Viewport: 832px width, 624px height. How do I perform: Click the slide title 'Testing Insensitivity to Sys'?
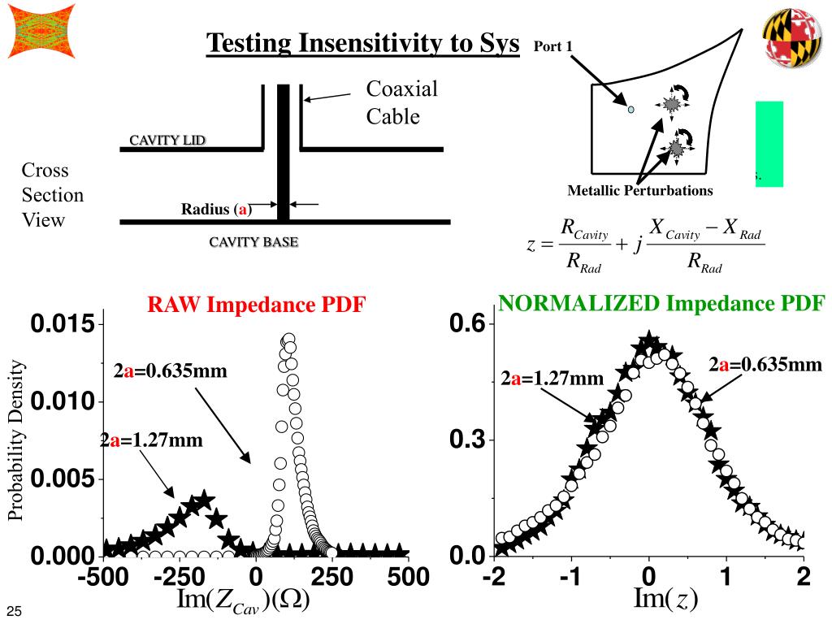362,43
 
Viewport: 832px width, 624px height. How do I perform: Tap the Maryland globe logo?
791,41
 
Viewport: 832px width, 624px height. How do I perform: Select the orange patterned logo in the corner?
41,31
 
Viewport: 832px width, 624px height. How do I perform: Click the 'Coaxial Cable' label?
401,102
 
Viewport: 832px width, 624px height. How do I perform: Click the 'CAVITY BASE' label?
253,242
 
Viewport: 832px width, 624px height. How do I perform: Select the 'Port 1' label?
553,45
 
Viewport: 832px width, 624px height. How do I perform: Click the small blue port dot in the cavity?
630,108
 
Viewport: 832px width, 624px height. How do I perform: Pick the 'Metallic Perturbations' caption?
640,191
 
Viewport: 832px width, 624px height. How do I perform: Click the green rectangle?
769,143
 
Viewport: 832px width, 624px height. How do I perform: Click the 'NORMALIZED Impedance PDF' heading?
661,303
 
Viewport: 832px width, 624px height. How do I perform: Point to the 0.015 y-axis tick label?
63,326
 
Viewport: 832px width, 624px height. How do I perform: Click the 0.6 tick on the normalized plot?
467,324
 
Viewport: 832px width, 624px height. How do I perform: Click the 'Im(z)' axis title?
665,599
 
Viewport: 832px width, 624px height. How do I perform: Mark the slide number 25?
14,611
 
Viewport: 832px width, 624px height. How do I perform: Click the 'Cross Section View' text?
52,195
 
